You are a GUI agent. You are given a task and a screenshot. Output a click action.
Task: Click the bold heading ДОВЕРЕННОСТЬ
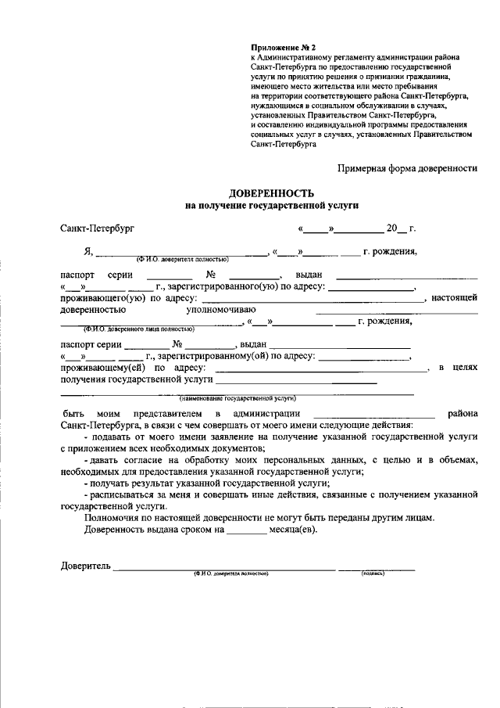(x=271, y=192)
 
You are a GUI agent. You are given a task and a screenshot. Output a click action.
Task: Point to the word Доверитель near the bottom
(x=86, y=566)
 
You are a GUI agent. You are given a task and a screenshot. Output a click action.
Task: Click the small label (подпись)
(x=373, y=574)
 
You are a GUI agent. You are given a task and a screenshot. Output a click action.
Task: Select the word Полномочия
(x=111, y=517)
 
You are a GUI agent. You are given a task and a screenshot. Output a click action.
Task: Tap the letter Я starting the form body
(x=88, y=252)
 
